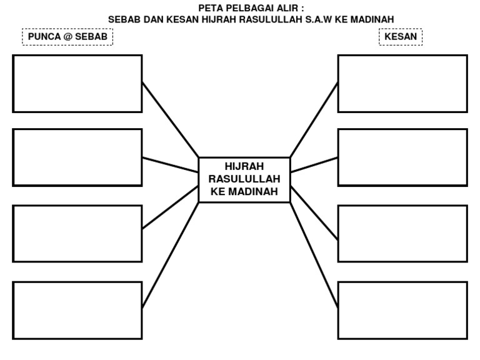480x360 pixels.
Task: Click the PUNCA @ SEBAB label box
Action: click(67, 37)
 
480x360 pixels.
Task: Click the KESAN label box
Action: click(401, 37)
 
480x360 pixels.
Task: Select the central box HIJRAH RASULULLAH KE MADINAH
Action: click(244, 179)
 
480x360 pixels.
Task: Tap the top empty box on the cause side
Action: click(77, 84)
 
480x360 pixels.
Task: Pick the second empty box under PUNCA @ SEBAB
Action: click(77, 157)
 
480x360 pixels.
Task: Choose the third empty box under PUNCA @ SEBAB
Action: click(77, 234)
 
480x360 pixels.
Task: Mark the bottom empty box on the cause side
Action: click(77, 310)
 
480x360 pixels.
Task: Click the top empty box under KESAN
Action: click(402, 84)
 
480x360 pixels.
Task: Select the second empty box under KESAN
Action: click(402, 157)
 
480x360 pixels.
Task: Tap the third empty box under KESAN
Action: click(402, 234)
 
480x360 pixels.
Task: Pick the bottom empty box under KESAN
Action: click(402, 310)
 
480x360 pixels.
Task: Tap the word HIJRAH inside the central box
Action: click(244, 166)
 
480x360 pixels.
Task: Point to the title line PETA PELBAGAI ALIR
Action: click(251, 8)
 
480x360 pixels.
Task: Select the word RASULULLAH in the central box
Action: click(244, 179)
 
